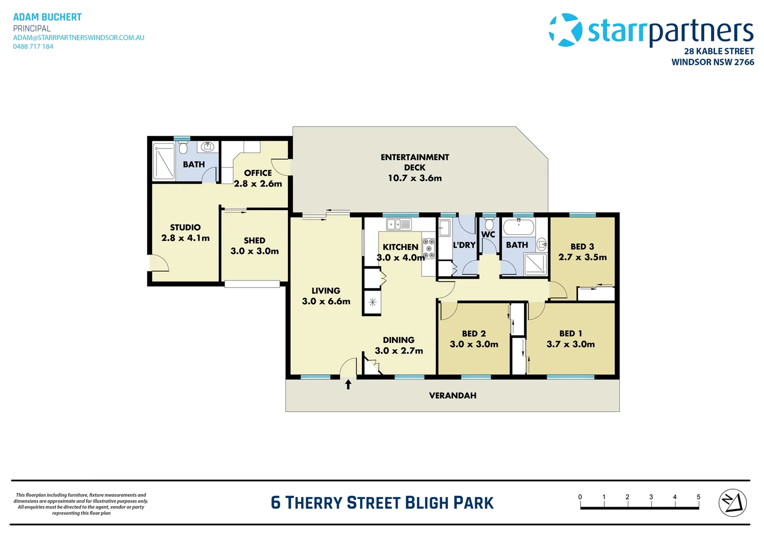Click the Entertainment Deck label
point(414,162)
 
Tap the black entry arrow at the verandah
point(348,384)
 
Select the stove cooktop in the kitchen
point(428,248)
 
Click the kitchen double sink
point(398,224)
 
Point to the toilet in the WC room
point(489,224)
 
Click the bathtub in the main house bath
point(518,227)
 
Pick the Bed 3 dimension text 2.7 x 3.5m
point(582,257)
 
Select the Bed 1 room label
point(570,333)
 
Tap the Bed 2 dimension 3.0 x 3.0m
point(473,344)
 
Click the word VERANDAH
point(452,395)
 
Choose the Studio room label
point(185,227)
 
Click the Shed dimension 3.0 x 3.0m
point(254,251)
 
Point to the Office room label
point(258,173)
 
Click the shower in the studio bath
point(164,161)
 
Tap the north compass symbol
point(732,502)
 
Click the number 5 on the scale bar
point(698,497)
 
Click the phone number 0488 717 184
point(33,46)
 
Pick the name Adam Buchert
point(47,17)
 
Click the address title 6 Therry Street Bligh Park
point(382,502)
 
